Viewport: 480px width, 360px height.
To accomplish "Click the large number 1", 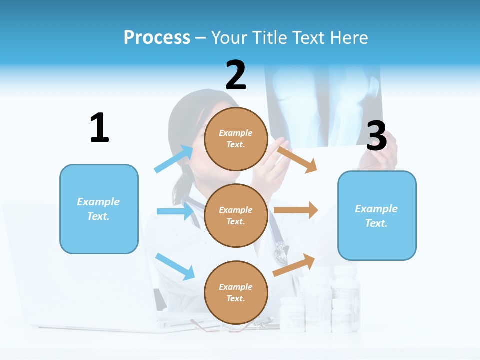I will [x=99, y=128].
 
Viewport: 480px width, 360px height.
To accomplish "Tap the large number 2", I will [x=236, y=75].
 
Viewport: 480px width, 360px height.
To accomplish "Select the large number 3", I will [x=376, y=136].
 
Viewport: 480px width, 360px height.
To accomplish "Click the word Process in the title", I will [x=157, y=37].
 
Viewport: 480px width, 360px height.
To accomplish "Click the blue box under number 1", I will [x=99, y=209].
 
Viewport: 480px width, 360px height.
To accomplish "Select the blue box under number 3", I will [x=377, y=216].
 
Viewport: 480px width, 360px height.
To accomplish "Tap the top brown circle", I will [x=236, y=139].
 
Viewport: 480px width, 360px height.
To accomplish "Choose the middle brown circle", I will [x=236, y=215].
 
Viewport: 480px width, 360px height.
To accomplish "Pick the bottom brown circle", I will [x=236, y=292].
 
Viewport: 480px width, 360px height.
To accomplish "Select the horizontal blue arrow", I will [x=175, y=211].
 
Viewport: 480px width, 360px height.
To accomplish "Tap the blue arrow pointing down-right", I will [x=175, y=266].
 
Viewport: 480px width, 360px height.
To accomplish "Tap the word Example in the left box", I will [x=98, y=202].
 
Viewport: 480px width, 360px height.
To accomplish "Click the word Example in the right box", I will [x=376, y=209].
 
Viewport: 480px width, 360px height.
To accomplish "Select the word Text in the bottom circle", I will [x=235, y=299].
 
